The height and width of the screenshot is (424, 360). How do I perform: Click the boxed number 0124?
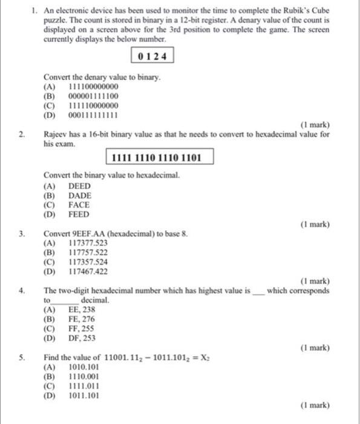pyautogui.click(x=152, y=57)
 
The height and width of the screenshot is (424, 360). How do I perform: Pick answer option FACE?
pyautogui.click(x=79, y=205)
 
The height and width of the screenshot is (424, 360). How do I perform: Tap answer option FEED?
pyautogui.click(x=79, y=214)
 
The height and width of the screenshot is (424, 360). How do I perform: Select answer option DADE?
pyautogui.click(x=80, y=196)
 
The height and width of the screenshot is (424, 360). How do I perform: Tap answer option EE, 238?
pyautogui.click(x=82, y=310)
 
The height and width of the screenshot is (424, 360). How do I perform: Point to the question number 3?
pyautogui.click(x=21, y=233)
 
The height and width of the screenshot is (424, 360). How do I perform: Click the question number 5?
pyautogui.click(x=21, y=357)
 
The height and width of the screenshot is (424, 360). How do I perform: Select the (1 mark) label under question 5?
pyautogui.click(x=315, y=404)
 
